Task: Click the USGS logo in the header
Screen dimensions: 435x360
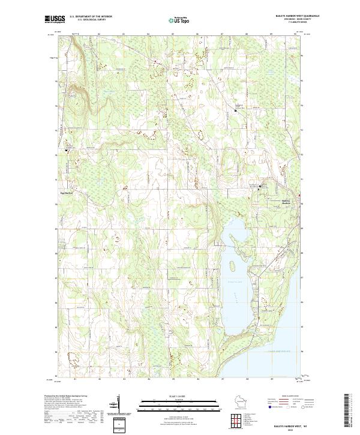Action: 54,19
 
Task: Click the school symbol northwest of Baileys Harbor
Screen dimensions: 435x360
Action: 260,187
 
